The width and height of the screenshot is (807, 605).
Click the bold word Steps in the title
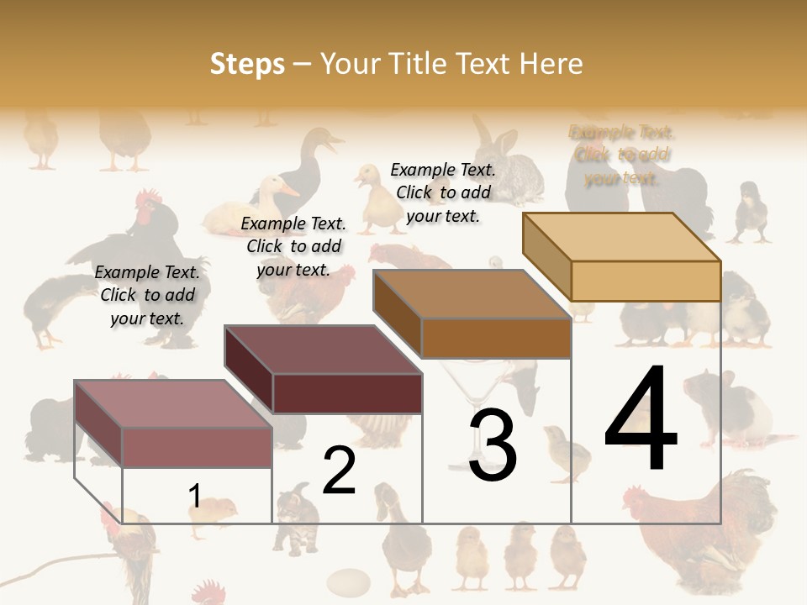(x=247, y=64)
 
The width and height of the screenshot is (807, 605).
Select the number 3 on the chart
(x=493, y=445)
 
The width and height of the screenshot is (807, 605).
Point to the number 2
(x=339, y=471)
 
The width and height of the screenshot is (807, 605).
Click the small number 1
(x=194, y=497)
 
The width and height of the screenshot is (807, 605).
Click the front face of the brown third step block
(x=495, y=339)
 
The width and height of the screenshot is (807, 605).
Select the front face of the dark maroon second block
(x=346, y=393)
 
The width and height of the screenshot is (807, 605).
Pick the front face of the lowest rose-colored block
(x=197, y=447)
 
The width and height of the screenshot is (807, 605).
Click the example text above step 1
(x=147, y=295)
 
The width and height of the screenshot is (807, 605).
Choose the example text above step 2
(x=293, y=246)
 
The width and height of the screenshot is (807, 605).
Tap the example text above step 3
(x=443, y=192)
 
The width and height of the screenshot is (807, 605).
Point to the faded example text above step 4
(x=622, y=155)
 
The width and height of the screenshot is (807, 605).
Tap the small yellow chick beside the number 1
(x=221, y=511)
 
